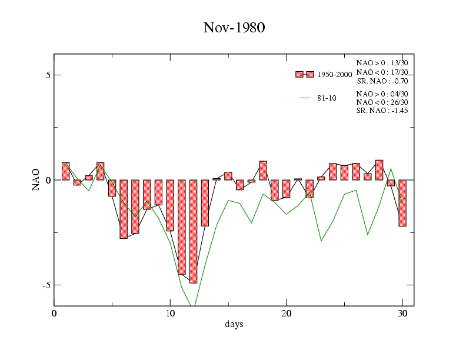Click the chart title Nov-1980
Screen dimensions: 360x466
234,28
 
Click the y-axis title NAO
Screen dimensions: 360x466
36,179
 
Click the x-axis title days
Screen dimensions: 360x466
234,324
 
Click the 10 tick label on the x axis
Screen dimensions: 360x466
170,313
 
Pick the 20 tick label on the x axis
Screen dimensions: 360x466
286,313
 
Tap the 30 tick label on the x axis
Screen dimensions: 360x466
402,313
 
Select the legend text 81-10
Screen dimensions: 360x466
327,98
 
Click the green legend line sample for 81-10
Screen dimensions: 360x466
305,98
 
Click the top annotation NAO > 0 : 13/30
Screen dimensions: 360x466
382,62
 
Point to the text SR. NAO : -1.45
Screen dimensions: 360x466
382,111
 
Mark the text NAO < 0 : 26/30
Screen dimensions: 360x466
382,102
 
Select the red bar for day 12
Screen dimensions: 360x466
193,231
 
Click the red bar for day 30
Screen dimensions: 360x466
402,203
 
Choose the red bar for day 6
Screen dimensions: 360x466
124,209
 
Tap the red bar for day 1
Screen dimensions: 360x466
65,171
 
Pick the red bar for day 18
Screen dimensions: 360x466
263,171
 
